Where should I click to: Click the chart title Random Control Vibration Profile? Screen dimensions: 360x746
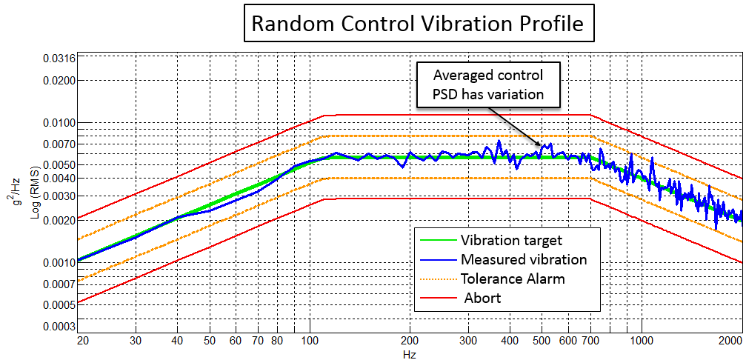pyautogui.click(x=418, y=24)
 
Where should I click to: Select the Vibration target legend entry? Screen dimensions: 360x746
pyautogui.click(x=511, y=240)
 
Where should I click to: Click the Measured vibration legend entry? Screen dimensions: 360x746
pyautogui.click(x=523, y=259)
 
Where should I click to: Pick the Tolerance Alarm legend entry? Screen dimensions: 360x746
pyautogui.click(x=513, y=279)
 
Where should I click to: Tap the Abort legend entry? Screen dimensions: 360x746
pyautogui.click(x=482, y=298)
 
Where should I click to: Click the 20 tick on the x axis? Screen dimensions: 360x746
pyautogui.click(x=82, y=341)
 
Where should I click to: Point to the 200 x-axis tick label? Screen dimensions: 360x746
pyautogui.click(x=410, y=341)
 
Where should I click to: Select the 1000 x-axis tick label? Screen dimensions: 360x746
pyautogui.click(x=641, y=341)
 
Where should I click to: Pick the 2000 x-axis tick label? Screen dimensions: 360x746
pyautogui.click(x=730, y=341)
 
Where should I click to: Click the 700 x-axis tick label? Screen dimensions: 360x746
pyautogui.click(x=590, y=341)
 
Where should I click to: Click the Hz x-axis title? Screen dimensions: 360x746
pyautogui.click(x=410, y=354)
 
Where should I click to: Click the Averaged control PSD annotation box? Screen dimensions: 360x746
pyautogui.click(x=488, y=84)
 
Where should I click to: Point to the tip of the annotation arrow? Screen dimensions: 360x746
pyautogui.click(x=542, y=146)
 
